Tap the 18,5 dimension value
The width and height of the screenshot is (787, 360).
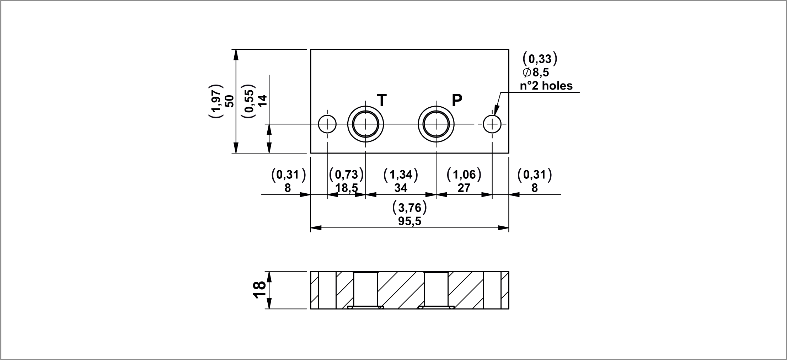pyautogui.click(x=347, y=188)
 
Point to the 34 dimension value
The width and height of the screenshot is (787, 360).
pyautogui.click(x=401, y=188)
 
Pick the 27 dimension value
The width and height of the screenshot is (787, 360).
pyautogui.click(x=464, y=188)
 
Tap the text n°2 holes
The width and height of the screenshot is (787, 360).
pyautogui.click(x=547, y=86)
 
